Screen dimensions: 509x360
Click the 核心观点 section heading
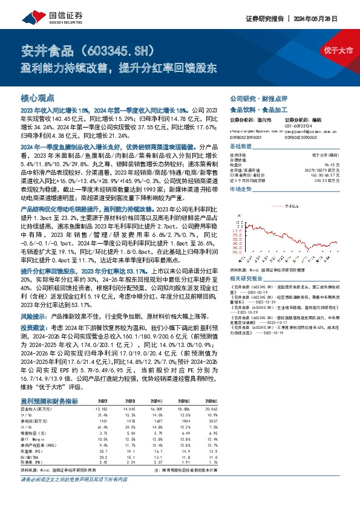[38, 97]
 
